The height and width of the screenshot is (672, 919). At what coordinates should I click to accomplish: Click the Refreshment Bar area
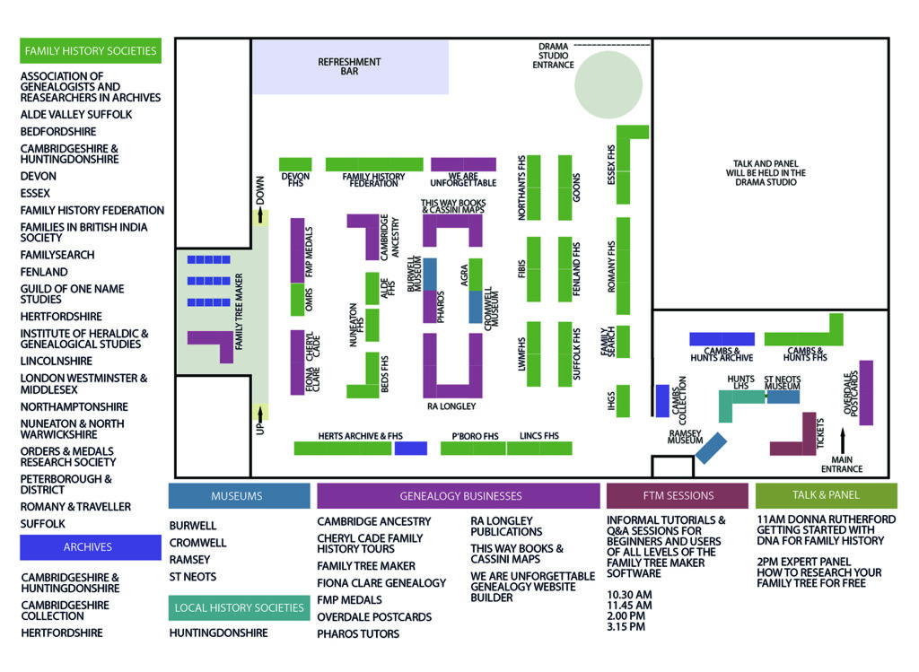(x=350, y=67)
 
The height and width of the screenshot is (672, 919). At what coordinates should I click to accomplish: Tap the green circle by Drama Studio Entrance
(x=608, y=84)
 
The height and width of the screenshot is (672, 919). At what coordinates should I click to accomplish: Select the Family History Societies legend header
(x=91, y=51)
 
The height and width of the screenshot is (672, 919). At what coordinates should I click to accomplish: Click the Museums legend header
(x=239, y=495)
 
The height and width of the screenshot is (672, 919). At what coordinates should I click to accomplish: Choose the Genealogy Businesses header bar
(x=458, y=495)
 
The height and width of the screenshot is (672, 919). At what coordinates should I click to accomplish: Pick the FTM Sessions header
(x=678, y=495)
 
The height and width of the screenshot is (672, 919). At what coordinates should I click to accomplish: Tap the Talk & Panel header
(x=826, y=495)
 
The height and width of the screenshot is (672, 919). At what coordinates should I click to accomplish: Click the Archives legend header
(x=90, y=546)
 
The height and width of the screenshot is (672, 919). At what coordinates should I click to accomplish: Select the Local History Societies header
(x=239, y=608)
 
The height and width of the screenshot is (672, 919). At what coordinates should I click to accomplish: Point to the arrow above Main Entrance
(x=843, y=441)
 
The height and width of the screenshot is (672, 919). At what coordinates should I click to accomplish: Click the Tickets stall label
(x=820, y=434)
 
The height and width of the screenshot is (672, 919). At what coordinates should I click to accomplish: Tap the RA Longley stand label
(x=451, y=406)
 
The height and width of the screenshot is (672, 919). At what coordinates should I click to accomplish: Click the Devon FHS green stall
(x=295, y=164)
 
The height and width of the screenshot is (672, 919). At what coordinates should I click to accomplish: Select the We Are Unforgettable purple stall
(x=463, y=164)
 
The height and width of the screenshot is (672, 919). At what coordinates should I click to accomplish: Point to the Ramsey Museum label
(x=685, y=436)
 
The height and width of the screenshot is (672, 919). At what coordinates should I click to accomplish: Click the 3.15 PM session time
(x=626, y=626)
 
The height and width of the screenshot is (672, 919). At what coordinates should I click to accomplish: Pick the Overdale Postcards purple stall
(x=866, y=392)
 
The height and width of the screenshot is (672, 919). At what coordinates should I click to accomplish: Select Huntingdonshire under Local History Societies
(x=218, y=633)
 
